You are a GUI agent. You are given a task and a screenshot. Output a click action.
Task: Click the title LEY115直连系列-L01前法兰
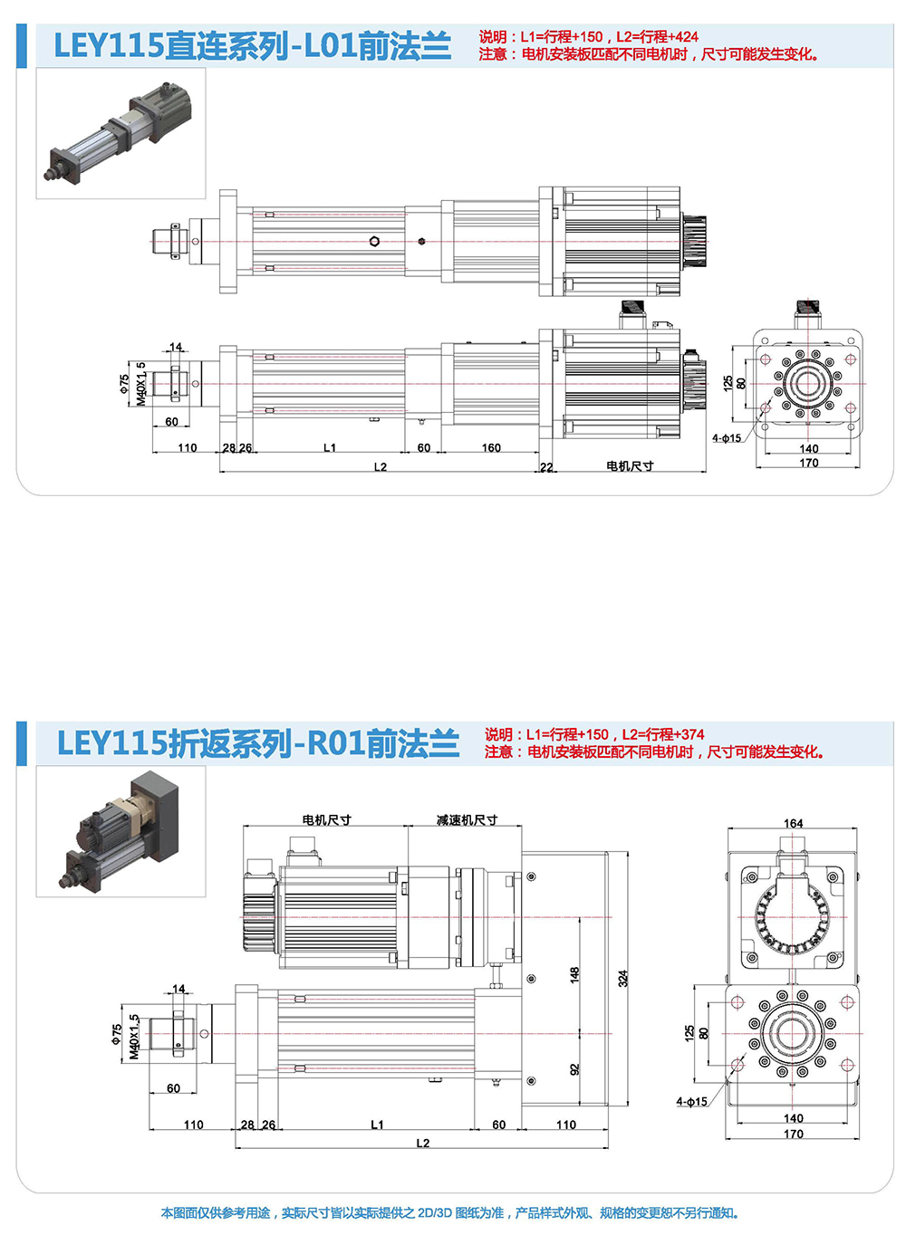coord(252,45)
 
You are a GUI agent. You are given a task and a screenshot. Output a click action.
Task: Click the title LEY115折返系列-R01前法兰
coord(257,743)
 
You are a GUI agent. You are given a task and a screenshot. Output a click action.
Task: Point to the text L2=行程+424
coord(658,37)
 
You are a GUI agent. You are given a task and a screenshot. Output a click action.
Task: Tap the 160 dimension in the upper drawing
coord(491,447)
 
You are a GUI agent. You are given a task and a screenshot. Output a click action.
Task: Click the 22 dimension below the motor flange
coord(546,467)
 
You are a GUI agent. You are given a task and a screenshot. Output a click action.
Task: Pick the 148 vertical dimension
coord(574,974)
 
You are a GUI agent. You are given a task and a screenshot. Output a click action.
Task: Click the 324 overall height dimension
coord(623,978)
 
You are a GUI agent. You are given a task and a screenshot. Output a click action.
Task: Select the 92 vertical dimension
coord(574,1069)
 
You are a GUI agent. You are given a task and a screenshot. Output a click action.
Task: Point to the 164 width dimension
coord(793,823)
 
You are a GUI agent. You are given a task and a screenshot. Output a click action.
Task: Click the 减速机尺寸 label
coord(467,820)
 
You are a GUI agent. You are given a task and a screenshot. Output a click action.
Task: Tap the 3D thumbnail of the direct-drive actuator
coord(120,133)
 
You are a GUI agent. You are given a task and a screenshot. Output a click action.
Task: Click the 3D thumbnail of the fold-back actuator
coord(120,831)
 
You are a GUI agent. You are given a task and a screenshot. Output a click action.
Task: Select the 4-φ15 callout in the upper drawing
coord(726,438)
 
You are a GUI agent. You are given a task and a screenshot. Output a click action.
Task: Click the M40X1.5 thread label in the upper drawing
coord(141,384)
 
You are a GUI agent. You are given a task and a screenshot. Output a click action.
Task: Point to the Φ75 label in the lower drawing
coord(117,1034)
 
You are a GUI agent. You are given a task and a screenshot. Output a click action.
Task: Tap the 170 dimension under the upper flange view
coord(808,463)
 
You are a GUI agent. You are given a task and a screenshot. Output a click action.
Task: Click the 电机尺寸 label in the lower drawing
coord(326,820)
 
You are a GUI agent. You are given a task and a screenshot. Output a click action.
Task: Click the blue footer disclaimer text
coord(450,1212)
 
